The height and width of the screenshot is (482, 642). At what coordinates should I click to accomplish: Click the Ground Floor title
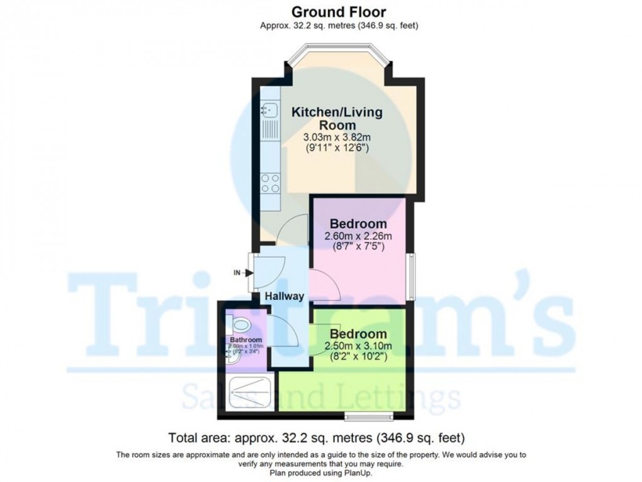click(x=338, y=11)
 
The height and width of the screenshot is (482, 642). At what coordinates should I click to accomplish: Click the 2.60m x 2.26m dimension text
click(x=358, y=236)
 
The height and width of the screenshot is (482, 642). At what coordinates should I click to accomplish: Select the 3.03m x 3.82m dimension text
click(x=337, y=137)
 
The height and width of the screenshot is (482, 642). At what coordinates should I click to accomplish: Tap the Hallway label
click(x=284, y=296)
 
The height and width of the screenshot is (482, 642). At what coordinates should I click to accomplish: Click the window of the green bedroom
click(x=368, y=415)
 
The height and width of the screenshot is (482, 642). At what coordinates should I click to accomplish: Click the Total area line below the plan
click(x=317, y=436)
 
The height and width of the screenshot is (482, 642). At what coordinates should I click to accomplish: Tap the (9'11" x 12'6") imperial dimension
click(x=337, y=149)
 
